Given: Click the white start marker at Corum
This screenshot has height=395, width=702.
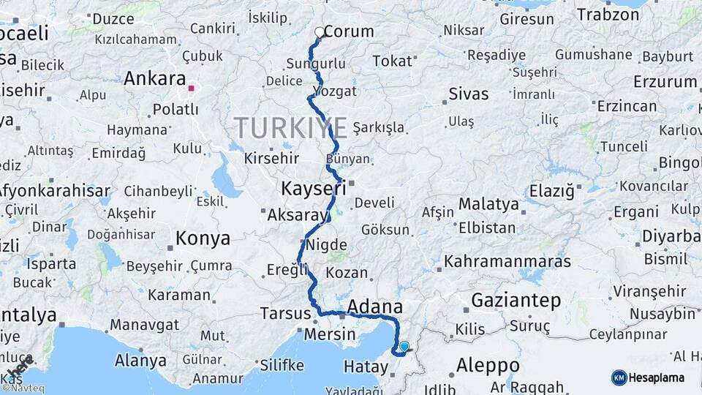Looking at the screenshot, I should [320, 32].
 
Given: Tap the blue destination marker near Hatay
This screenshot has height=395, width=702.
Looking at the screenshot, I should [404, 346].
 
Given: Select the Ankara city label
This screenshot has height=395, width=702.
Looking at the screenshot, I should [154, 78].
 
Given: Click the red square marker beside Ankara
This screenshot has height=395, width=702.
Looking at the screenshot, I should [191, 89].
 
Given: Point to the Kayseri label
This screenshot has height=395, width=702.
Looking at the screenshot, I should [313, 189].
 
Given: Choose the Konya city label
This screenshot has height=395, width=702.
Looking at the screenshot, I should [203, 238].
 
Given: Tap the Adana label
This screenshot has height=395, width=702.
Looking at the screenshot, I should [375, 306].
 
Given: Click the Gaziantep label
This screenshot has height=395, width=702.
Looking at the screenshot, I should [516, 300].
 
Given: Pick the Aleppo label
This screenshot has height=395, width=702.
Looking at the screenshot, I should [488, 364].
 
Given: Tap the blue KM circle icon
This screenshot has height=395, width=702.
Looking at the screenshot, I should [619, 377].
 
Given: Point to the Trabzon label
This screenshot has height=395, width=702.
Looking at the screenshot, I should [607, 14].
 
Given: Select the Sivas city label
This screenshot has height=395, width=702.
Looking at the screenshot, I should [468, 94].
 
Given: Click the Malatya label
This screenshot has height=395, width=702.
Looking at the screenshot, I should [488, 204].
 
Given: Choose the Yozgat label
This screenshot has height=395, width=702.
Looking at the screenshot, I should [334, 91].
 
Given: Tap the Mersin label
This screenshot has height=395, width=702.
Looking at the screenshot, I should [330, 334].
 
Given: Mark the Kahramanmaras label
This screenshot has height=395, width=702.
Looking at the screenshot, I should [507, 260].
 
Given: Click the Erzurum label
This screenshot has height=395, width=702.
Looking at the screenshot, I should [665, 81].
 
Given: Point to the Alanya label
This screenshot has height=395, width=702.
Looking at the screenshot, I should [140, 360].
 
